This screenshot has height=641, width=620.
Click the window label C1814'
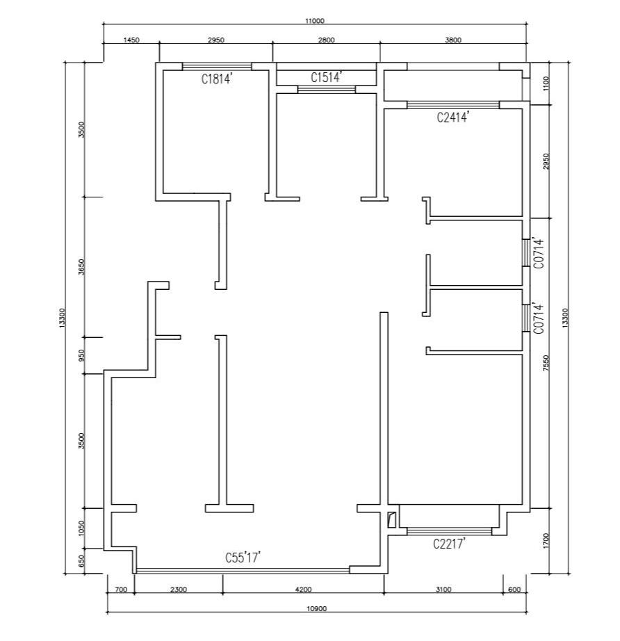click(x=217, y=78)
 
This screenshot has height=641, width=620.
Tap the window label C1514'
click(x=326, y=76)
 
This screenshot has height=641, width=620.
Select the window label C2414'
click(x=452, y=117)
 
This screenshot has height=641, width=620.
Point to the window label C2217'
click(x=449, y=544)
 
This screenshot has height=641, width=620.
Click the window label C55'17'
click(x=243, y=557)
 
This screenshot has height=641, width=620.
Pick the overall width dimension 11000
click(x=314, y=21)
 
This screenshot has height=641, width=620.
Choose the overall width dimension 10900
click(x=317, y=609)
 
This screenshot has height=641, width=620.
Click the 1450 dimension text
click(x=131, y=40)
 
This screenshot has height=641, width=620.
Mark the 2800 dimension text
click(x=326, y=40)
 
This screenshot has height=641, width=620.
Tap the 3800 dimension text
click(x=453, y=40)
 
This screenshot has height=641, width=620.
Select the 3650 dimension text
click(x=82, y=267)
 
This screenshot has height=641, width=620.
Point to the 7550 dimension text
click(x=546, y=363)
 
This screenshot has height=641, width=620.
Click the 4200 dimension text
click(x=303, y=590)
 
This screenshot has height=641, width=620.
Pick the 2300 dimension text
click(x=179, y=590)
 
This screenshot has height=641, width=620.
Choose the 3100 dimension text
click(x=443, y=590)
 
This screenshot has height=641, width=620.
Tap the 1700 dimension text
click(x=547, y=540)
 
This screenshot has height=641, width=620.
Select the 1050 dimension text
click(x=81, y=528)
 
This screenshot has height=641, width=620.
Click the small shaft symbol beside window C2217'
click(x=391, y=519)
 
